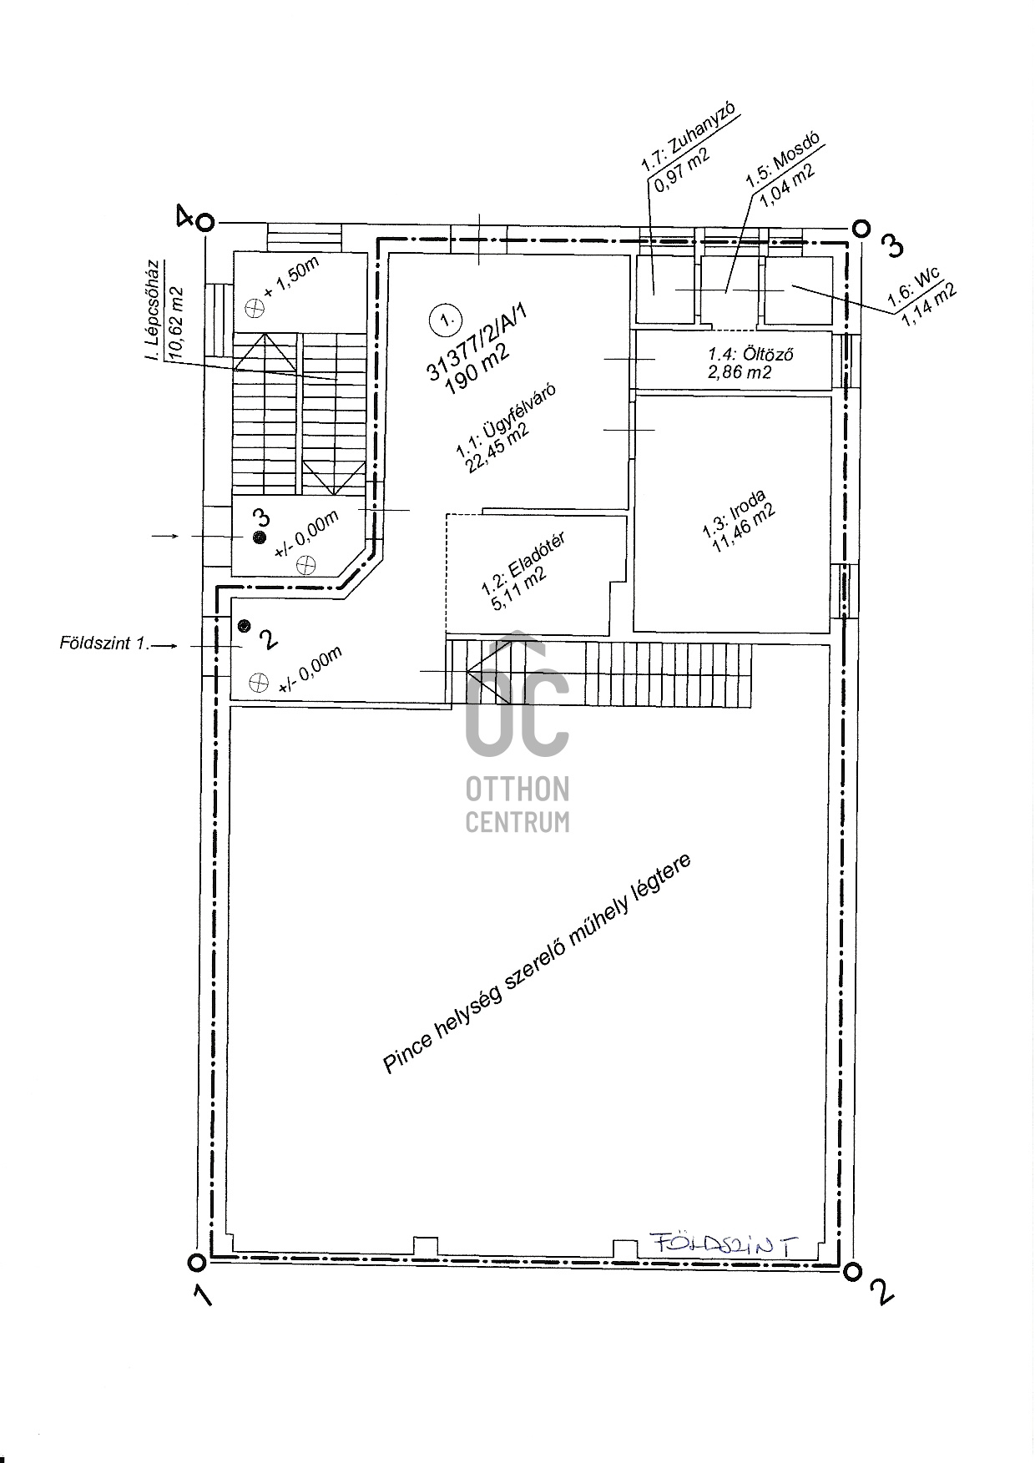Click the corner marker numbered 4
pyautogui.click(x=206, y=222)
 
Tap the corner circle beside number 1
pyautogui.click(x=196, y=1262)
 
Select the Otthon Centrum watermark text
pyautogui.click(x=517, y=805)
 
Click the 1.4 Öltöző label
pyautogui.click(x=740, y=363)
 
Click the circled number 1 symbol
pyautogui.click(x=443, y=319)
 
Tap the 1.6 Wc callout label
pyautogui.click(x=923, y=295)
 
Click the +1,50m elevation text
pyautogui.click(x=291, y=278)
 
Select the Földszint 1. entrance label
pyautogui.click(x=103, y=643)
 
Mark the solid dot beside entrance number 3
pyautogui.click(x=260, y=537)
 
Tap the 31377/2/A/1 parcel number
pyautogui.click(x=478, y=342)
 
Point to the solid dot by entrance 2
pyautogui.click(x=244, y=624)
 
